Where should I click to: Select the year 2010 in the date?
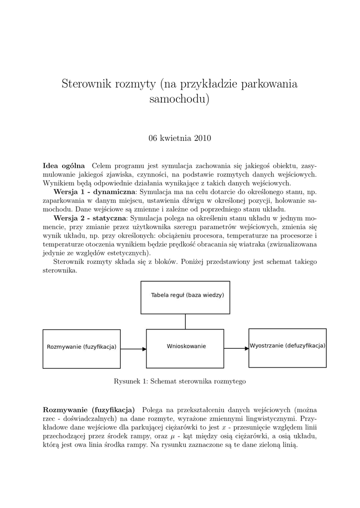click(x=202, y=138)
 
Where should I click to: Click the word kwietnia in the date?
click(x=176, y=138)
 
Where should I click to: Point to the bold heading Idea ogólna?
click(x=64, y=165)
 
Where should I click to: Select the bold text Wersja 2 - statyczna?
click(x=90, y=218)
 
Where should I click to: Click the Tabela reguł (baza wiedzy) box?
click(x=185, y=297)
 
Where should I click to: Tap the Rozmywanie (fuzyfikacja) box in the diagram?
click(x=81, y=349)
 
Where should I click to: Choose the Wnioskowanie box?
click(x=185, y=348)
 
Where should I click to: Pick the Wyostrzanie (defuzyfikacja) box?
click(x=288, y=347)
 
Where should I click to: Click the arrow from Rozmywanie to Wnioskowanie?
click(x=133, y=349)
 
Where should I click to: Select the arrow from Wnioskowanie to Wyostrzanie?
click(x=236, y=348)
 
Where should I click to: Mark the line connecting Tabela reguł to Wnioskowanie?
click(x=185, y=321)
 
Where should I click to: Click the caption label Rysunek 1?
click(x=130, y=381)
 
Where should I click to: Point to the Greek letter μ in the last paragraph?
click(x=172, y=437)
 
